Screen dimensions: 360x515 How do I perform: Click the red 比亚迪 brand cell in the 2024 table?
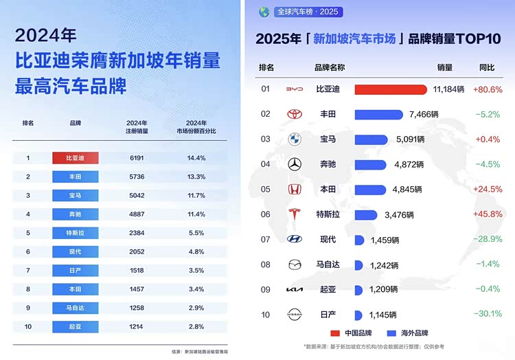click(x=76, y=158)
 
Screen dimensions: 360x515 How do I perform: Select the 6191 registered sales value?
click(x=137, y=158)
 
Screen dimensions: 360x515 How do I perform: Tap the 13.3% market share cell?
click(x=196, y=177)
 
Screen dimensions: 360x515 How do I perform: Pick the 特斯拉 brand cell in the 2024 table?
click(x=76, y=233)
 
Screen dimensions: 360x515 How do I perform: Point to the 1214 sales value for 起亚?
click(x=137, y=326)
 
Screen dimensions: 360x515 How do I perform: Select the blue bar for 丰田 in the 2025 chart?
click(x=378, y=114)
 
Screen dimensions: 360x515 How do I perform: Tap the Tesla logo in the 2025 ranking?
click(x=295, y=214)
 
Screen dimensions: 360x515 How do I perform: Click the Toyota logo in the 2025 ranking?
click(x=295, y=114)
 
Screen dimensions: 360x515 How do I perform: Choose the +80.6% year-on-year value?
click(x=488, y=89)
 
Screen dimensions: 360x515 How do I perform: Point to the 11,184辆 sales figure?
click(x=448, y=89)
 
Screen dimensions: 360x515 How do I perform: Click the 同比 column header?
click(x=486, y=67)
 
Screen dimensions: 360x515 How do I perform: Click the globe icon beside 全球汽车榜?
click(x=264, y=12)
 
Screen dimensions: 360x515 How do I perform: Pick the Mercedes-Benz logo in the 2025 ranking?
click(x=295, y=164)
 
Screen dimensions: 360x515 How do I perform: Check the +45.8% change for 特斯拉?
click(x=488, y=214)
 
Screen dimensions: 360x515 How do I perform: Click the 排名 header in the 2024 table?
click(x=28, y=123)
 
